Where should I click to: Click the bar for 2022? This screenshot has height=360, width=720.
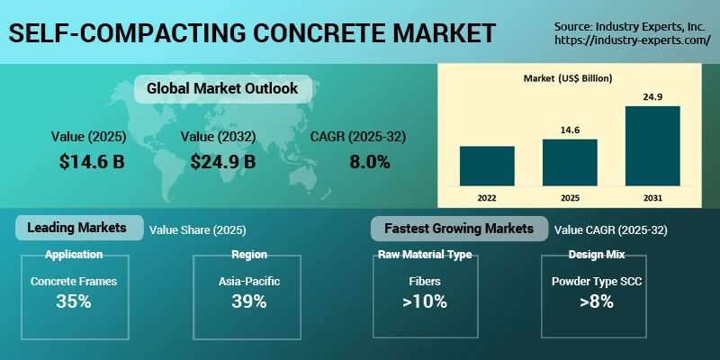[x=487, y=165]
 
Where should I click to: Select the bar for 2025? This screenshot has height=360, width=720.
[x=570, y=161]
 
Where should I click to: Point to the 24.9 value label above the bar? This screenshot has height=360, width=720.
[x=652, y=96]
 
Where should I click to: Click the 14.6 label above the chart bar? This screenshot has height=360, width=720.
[x=570, y=130]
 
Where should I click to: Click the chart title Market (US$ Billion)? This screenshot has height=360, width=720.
[x=568, y=78]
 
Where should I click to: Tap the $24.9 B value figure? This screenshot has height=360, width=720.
[x=223, y=162]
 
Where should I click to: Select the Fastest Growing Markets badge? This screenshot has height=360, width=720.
[x=458, y=228]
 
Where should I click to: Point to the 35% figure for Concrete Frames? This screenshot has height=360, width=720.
[x=74, y=301]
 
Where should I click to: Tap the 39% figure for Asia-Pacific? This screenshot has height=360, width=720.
[x=248, y=301]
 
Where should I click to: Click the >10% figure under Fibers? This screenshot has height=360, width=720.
[x=423, y=301]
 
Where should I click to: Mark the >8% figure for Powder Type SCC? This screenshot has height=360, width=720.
[x=596, y=301]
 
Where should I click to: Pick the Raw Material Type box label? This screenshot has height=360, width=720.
[x=423, y=255]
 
